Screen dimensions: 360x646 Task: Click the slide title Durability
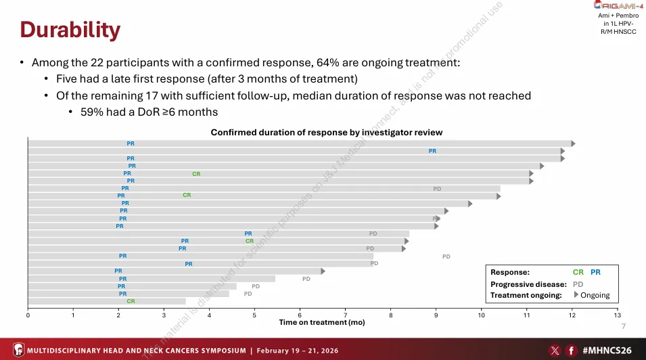click(x=70, y=30)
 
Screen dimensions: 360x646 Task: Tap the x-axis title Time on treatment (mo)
click(x=322, y=322)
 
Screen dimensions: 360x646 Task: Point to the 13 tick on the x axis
click(x=617, y=315)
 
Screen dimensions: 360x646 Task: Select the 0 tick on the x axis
click(x=28, y=315)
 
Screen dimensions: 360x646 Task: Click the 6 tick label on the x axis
click(x=300, y=315)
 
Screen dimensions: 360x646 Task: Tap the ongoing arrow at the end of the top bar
click(x=573, y=143)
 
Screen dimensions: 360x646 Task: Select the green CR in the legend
click(x=578, y=272)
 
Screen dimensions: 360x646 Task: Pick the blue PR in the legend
click(x=595, y=272)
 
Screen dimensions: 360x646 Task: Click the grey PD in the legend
click(x=578, y=284)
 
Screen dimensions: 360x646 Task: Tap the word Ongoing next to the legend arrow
click(x=595, y=296)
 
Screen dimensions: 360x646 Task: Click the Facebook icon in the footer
click(x=572, y=351)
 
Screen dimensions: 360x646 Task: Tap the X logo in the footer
click(x=555, y=351)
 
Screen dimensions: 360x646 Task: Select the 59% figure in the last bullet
click(x=91, y=112)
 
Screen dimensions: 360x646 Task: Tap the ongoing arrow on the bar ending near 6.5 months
click(x=323, y=271)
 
